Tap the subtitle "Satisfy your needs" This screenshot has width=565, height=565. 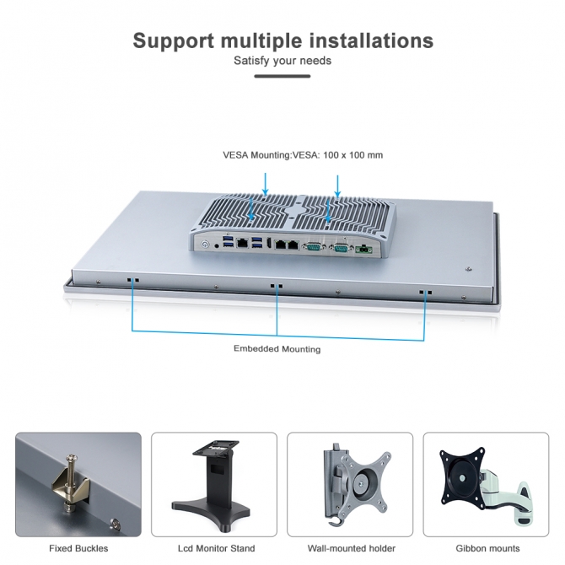click(x=282, y=61)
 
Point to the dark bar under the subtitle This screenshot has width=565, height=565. click(x=282, y=76)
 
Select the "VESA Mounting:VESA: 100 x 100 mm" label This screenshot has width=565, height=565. click(x=303, y=155)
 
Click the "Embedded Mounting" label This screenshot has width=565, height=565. click(x=277, y=348)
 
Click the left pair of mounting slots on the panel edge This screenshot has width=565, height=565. click(x=132, y=279)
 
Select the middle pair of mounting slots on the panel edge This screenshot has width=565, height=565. click(x=276, y=287)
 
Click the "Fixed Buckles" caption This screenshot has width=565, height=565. click(x=78, y=549)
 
